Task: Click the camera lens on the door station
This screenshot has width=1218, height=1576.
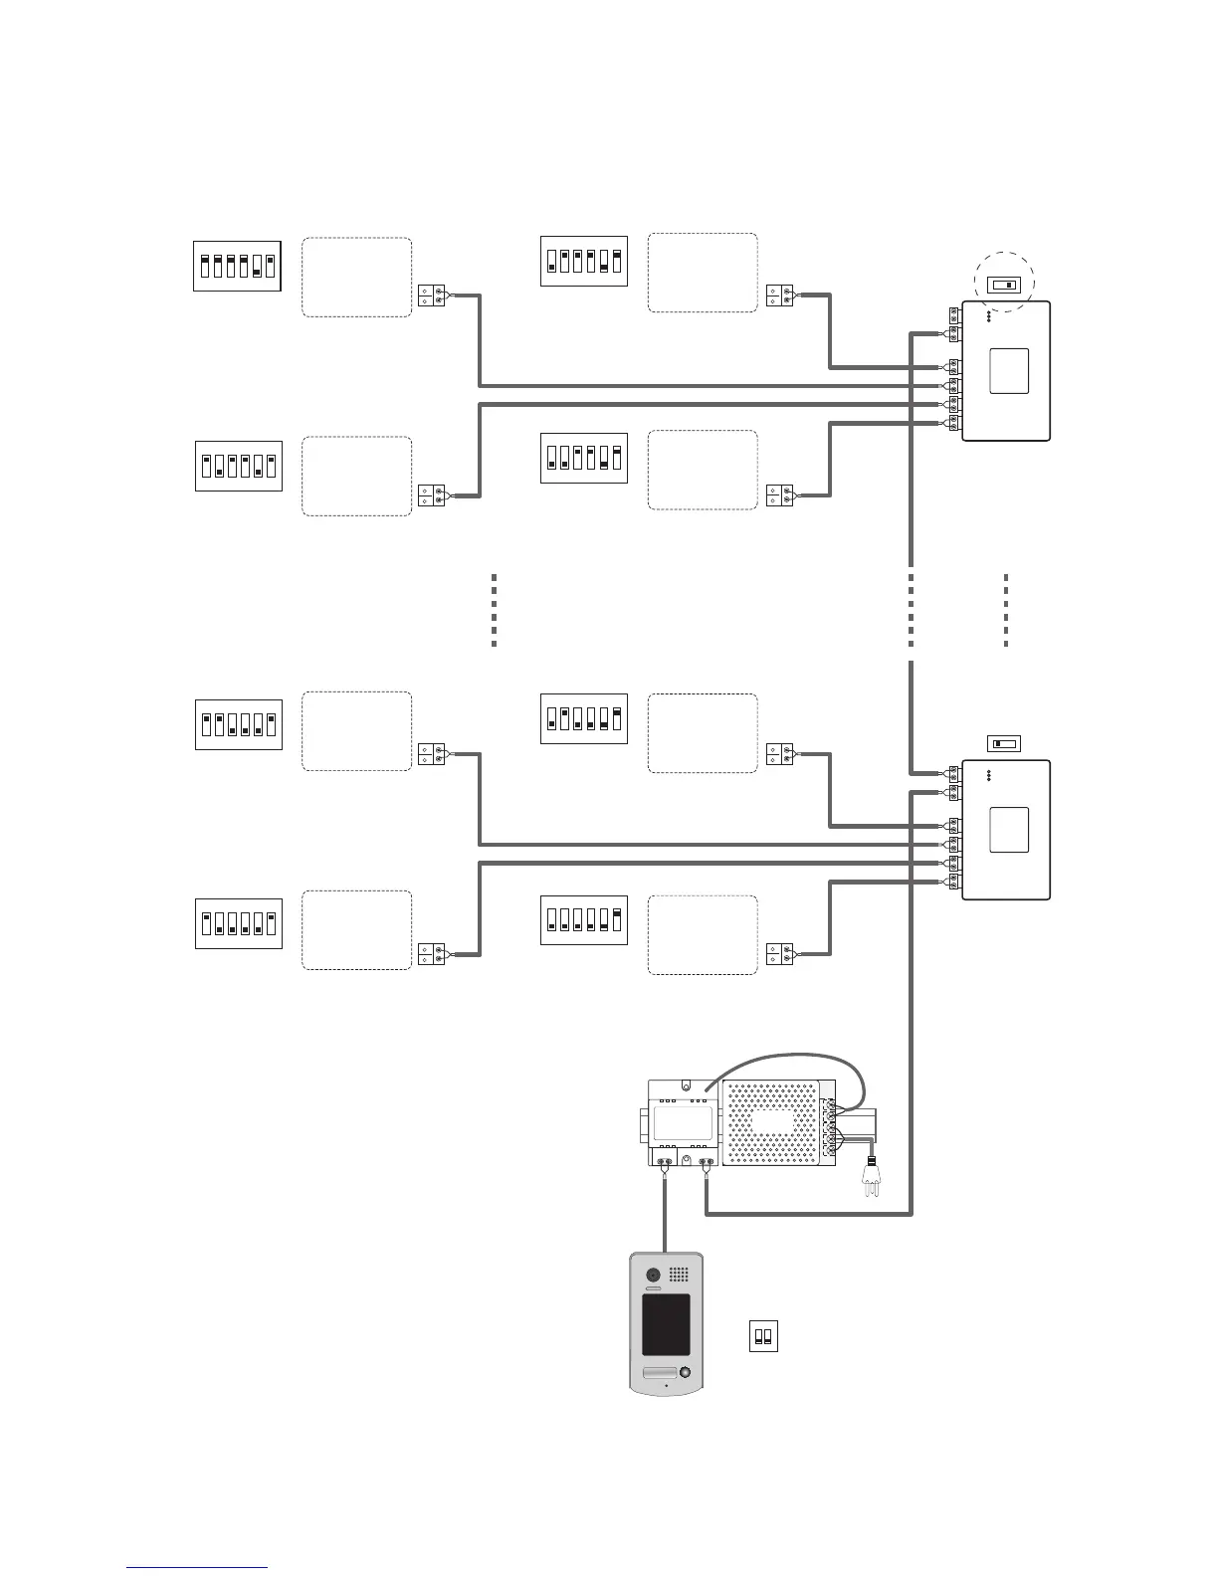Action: click(654, 1276)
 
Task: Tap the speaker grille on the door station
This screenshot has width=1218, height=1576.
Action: click(679, 1275)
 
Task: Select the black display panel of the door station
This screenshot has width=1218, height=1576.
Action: click(666, 1324)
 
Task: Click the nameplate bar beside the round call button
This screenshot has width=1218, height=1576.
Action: click(658, 1374)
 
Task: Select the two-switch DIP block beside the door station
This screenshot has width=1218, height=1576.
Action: click(763, 1336)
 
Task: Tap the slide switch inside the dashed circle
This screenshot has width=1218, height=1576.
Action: click(1003, 286)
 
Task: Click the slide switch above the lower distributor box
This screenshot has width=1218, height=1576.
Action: click(1004, 743)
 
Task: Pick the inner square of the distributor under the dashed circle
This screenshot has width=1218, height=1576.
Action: click(1009, 370)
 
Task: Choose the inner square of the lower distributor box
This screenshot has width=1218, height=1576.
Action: click(1009, 830)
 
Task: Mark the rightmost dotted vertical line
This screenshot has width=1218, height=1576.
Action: click(1006, 610)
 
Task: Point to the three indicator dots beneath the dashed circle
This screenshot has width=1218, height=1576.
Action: click(988, 317)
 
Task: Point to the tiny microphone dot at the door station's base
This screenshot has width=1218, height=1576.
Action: click(666, 1385)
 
